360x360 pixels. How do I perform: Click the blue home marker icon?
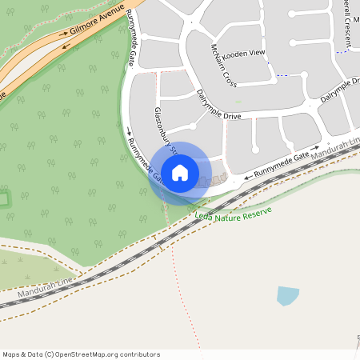coord(180,172)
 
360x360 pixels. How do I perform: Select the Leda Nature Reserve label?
coord(234,214)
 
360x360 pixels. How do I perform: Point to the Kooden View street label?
coord(243,52)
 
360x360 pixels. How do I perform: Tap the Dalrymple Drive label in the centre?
coord(218,105)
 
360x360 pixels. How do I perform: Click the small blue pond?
coord(287,295)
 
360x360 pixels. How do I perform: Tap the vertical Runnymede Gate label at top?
coord(130,36)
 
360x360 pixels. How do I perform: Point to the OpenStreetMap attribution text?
coord(81,354)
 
